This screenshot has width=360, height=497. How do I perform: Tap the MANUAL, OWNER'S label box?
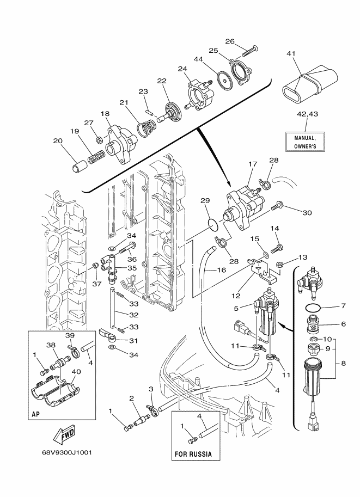coord(305,142)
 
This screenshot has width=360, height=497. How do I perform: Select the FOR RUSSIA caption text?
coord(193,454)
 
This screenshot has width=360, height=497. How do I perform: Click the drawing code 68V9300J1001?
coord(67,452)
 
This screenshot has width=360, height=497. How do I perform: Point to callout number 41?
coord(291,53)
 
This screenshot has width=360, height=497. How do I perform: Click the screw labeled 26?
coord(250,51)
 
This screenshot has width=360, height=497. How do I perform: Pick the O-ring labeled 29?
coord(214,224)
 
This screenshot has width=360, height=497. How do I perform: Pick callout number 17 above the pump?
coord(253,164)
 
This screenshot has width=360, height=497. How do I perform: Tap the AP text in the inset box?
coord(35,414)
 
